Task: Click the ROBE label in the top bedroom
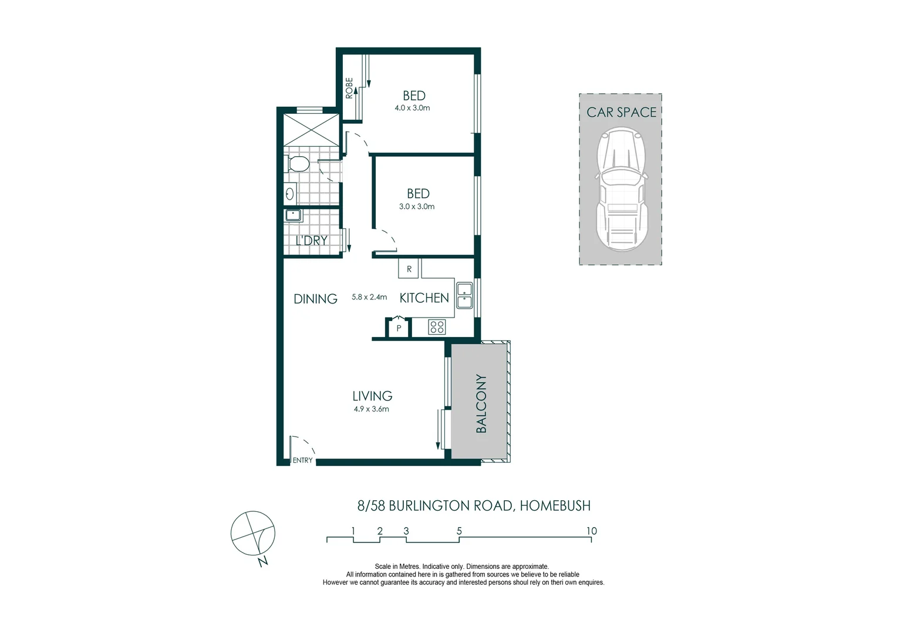349,88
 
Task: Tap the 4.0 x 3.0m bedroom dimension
412,108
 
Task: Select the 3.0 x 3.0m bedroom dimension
417,207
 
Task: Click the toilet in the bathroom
296,164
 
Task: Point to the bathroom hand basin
290,193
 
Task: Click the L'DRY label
311,241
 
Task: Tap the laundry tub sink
294,215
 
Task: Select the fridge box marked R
409,269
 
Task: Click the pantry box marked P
399,328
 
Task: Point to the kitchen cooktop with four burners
437,327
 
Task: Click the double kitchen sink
465,295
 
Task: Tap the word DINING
315,299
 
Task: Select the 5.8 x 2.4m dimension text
369,297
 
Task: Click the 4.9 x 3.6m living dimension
371,409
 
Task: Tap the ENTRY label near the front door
303,460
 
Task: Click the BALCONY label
481,403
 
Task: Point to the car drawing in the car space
621,191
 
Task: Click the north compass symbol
252,534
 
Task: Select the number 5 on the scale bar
459,531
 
